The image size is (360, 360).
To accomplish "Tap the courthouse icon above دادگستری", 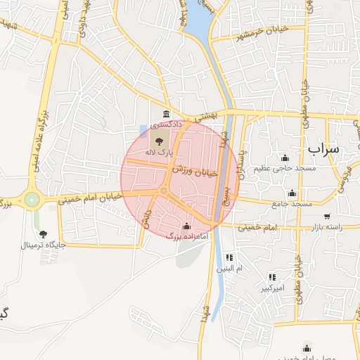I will (x=166, y=115).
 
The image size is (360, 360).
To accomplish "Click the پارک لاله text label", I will (x=159, y=152).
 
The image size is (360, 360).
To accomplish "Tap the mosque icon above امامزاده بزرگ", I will (x=186, y=226).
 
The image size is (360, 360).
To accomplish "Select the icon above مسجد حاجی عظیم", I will (x=285, y=157).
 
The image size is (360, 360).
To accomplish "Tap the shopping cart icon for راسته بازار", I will (x=327, y=216).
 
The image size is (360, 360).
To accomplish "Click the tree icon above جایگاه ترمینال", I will (x=43, y=234).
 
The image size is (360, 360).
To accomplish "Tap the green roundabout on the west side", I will (x=31, y=200).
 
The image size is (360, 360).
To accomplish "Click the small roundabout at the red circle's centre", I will (x=164, y=191).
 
